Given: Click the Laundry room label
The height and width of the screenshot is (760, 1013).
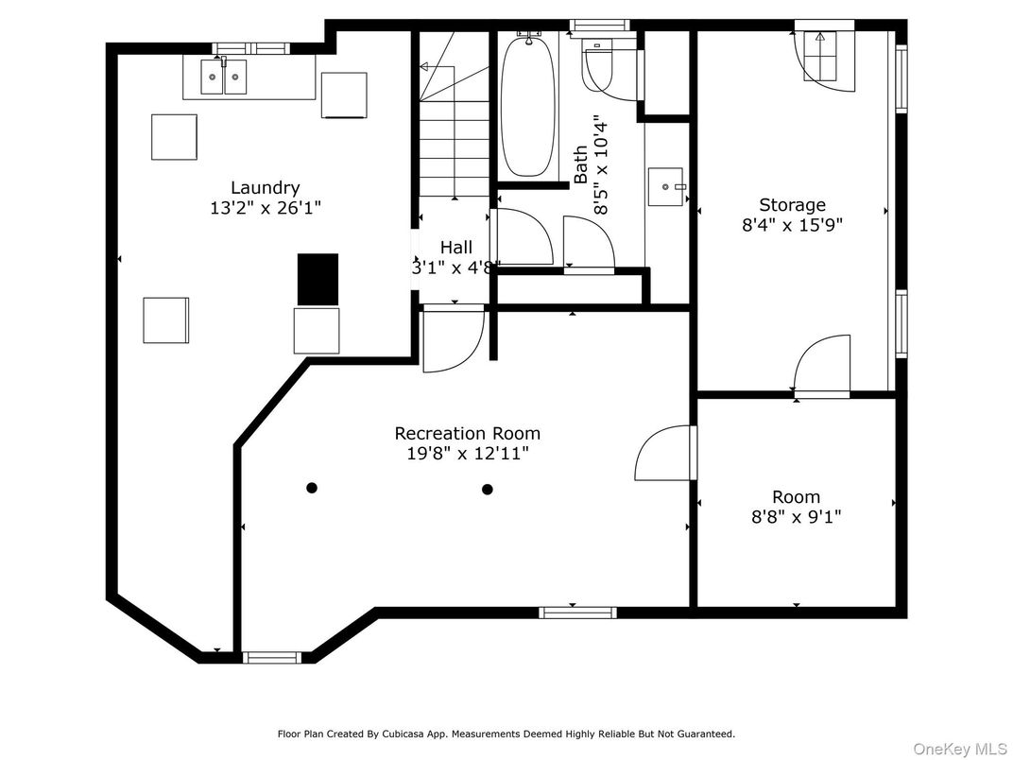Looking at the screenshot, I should (x=266, y=188).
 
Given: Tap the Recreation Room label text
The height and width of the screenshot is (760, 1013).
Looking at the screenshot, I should (x=467, y=434).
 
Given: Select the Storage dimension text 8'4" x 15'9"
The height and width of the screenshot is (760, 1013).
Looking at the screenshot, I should (x=792, y=225).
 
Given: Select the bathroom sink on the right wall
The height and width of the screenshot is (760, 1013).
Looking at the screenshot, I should (x=667, y=186).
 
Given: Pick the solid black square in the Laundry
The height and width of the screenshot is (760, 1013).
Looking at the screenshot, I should (x=318, y=277).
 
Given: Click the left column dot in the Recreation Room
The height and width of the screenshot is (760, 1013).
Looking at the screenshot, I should (x=312, y=488).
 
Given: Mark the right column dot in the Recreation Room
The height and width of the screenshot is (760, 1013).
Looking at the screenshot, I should (x=488, y=489).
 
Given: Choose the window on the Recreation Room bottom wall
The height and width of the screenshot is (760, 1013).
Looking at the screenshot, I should (x=577, y=613).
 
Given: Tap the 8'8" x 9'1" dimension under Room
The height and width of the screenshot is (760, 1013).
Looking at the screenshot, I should (x=796, y=517).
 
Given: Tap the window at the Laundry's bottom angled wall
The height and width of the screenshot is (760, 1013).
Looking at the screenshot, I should (x=272, y=657).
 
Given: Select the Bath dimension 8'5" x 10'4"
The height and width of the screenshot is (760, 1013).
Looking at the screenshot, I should (x=600, y=164).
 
